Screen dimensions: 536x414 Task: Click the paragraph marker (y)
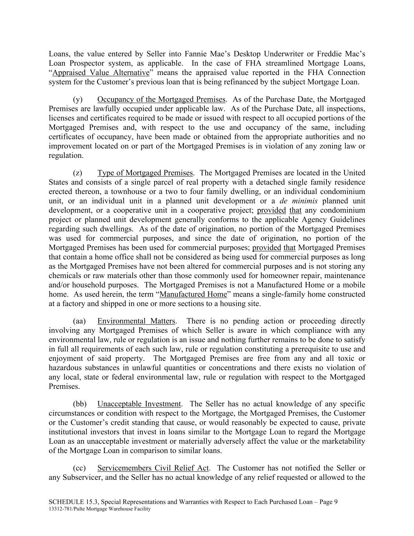coord(78,99)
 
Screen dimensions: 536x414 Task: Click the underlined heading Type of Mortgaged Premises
coord(145,173)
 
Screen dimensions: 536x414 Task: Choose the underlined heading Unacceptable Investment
coord(139,404)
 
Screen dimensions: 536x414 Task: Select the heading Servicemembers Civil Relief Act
coord(153,468)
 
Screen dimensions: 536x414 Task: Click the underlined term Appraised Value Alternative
coord(101,73)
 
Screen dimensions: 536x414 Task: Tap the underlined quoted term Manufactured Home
coord(193,295)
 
